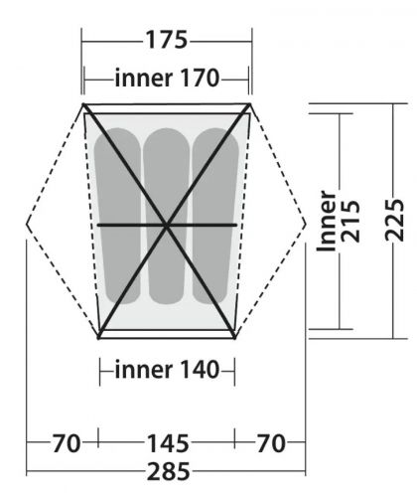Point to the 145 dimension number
click(166, 441)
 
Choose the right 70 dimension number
click(270, 441)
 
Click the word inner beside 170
click(143, 78)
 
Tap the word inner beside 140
click(143, 371)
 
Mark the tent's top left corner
click(83, 101)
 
